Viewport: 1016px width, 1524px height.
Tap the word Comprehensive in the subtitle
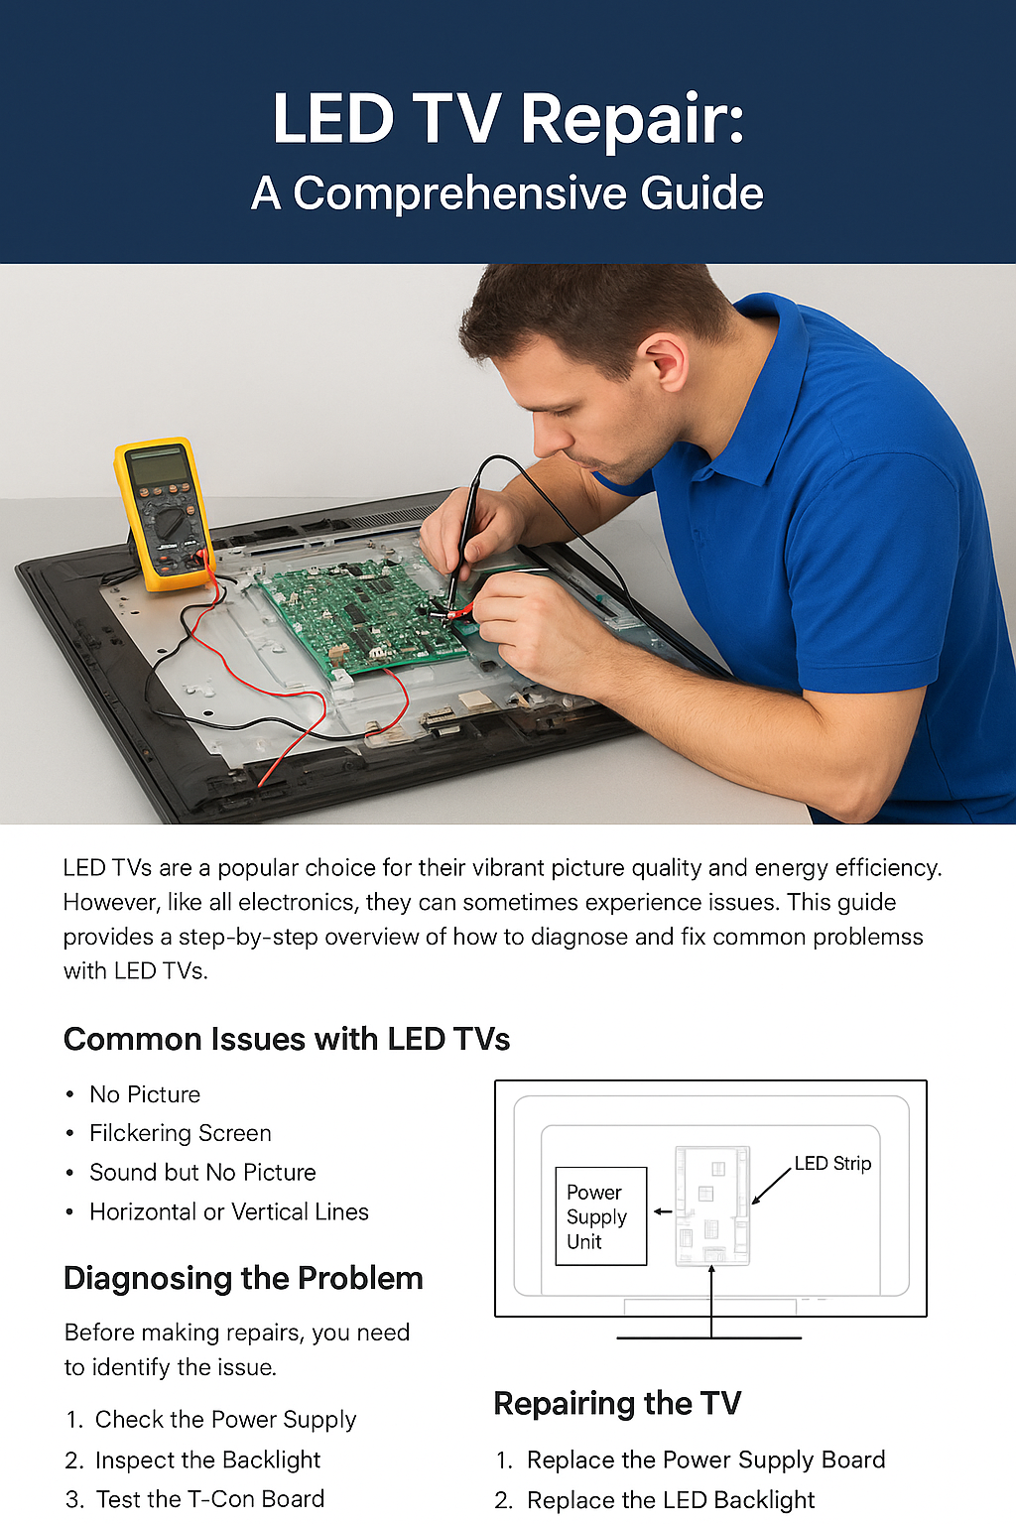coord(459,193)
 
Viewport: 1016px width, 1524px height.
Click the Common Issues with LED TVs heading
coord(287,1039)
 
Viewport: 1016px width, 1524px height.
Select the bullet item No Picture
coord(145,1094)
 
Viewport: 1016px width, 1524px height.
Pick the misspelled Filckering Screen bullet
coord(181,1133)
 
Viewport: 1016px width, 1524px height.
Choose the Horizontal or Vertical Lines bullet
coord(228,1211)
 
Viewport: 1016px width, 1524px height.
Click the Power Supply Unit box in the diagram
coord(601,1215)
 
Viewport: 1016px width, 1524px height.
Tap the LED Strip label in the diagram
coord(833,1164)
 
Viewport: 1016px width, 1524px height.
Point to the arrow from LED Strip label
coord(772,1187)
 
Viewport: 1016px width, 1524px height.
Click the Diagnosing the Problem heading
coord(243,1278)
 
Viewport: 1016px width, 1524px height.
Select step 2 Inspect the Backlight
coord(193,1460)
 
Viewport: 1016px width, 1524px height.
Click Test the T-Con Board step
coord(194,1499)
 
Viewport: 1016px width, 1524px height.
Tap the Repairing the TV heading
coord(617,1403)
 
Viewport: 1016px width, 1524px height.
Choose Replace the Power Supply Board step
coord(691,1460)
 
